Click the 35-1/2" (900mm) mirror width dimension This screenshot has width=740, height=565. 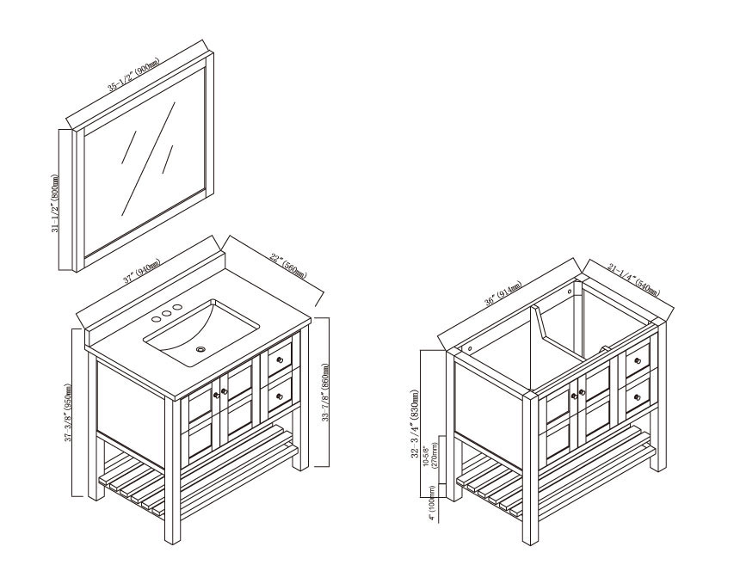pos(133,74)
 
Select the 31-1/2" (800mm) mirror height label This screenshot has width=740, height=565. pos(55,203)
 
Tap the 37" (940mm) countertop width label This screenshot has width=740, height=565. pos(142,271)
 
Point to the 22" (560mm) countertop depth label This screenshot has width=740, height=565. pos(288,266)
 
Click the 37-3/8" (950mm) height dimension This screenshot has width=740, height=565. pos(69,413)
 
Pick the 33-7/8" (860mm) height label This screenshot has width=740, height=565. pos(325,393)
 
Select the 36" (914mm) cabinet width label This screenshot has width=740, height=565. pos(503,294)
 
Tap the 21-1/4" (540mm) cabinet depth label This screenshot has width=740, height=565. pos(633,281)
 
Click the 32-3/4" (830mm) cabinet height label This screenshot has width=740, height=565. pos(415,423)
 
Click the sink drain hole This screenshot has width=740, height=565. pos(201,349)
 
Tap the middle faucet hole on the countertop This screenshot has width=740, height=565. pos(166,314)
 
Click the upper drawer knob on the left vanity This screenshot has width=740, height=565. pos(280,360)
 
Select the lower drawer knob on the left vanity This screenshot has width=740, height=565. pos(280,396)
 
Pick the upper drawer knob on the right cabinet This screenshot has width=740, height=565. pos(638,361)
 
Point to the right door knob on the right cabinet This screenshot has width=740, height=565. pos(583,392)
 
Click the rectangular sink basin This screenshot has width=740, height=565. pos(202,333)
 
